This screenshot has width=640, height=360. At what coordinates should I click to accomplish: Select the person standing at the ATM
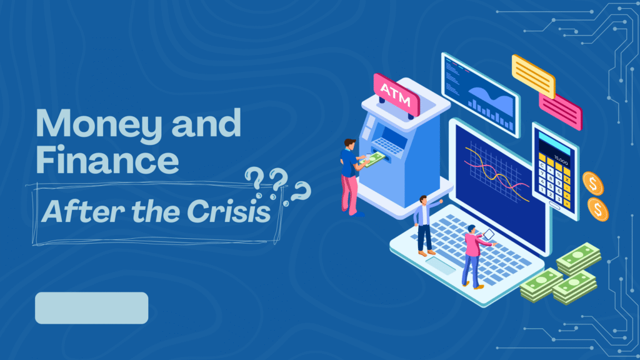pyautogui.click(x=351, y=175)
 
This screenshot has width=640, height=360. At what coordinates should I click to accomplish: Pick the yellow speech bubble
pyautogui.click(x=533, y=75)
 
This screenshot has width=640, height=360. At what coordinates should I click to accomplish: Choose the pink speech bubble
pyautogui.click(x=560, y=110)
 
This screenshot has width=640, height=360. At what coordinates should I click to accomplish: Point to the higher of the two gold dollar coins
pyautogui.click(x=592, y=183)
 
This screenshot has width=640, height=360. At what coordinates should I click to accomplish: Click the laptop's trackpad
pyautogui.click(x=441, y=265)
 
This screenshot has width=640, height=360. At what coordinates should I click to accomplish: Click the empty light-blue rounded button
pyautogui.click(x=92, y=307)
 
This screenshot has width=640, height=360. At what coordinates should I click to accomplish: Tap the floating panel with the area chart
pyautogui.click(x=479, y=93)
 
